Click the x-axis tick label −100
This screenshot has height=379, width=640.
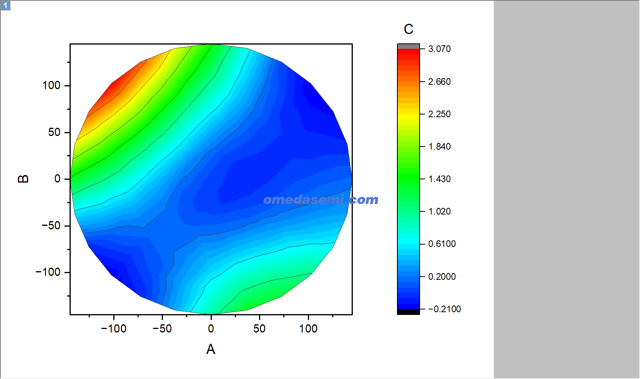(x=113, y=329)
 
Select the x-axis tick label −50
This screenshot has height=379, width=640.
(x=162, y=329)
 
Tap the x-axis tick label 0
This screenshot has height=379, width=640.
(x=211, y=329)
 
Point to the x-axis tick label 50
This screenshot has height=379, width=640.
(x=259, y=329)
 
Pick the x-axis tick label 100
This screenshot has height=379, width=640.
(x=308, y=329)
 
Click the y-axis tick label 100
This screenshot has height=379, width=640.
(x=52, y=86)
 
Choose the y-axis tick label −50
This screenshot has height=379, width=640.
(x=51, y=225)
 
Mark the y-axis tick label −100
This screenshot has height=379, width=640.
(x=48, y=272)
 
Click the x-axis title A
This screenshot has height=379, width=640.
(x=211, y=349)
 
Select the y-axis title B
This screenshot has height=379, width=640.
(x=23, y=179)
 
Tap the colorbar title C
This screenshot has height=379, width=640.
(x=409, y=29)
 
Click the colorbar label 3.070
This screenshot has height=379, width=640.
(x=440, y=49)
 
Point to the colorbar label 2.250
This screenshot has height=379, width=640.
(x=440, y=114)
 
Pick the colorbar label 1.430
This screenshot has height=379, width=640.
(x=440, y=179)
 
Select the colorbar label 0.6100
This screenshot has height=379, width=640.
(x=442, y=244)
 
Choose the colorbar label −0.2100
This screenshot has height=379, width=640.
(x=445, y=309)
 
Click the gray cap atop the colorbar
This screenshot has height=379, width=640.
(x=409, y=46)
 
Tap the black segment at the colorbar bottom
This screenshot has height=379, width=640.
(x=409, y=312)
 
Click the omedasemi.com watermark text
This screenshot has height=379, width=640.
(x=321, y=200)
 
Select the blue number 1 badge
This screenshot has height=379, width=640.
(x=5, y=5)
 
